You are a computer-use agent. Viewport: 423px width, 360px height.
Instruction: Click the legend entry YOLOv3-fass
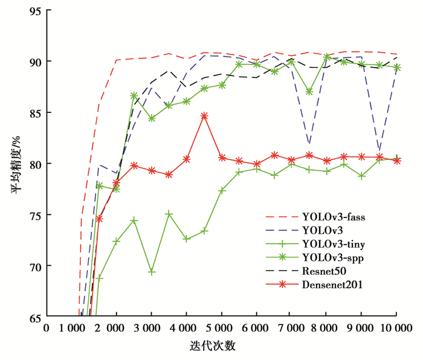click(x=334, y=216)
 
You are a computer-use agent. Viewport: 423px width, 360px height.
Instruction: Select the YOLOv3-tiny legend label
click(x=334, y=244)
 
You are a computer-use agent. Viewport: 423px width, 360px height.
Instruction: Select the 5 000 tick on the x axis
click(x=221, y=329)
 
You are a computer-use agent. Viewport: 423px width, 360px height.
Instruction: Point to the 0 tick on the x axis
click(x=46, y=329)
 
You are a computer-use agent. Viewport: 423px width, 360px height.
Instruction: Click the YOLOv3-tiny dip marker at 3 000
click(x=152, y=272)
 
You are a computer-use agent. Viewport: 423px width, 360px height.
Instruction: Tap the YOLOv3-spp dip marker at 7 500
click(x=309, y=92)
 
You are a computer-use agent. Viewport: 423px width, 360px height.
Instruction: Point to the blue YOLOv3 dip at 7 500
click(x=309, y=144)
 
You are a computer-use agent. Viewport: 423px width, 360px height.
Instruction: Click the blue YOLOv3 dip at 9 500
click(x=379, y=150)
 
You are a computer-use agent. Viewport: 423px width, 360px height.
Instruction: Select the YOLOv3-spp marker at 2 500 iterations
click(x=134, y=96)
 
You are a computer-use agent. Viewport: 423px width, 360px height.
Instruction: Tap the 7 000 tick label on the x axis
click(x=291, y=329)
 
